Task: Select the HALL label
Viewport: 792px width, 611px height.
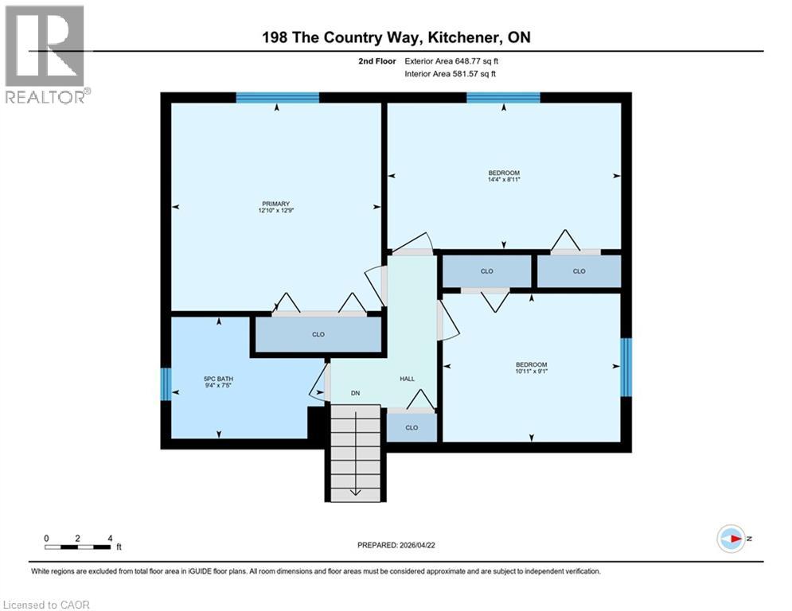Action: tap(407, 379)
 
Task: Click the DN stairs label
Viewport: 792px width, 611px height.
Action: tap(356, 392)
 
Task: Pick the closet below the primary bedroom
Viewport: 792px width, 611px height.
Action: tap(318, 335)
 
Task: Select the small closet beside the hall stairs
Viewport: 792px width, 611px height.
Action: tap(412, 427)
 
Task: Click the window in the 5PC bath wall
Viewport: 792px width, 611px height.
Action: tap(166, 384)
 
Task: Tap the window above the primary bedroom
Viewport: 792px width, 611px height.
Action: tap(277, 98)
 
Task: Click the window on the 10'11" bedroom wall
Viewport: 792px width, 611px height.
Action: tap(626, 367)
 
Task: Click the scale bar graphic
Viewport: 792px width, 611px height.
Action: tap(78, 546)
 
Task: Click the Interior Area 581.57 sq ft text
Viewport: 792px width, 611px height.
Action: tap(455, 74)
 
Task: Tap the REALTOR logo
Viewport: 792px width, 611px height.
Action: tap(46, 54)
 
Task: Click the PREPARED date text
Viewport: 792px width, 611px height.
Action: tap(398, 545)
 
